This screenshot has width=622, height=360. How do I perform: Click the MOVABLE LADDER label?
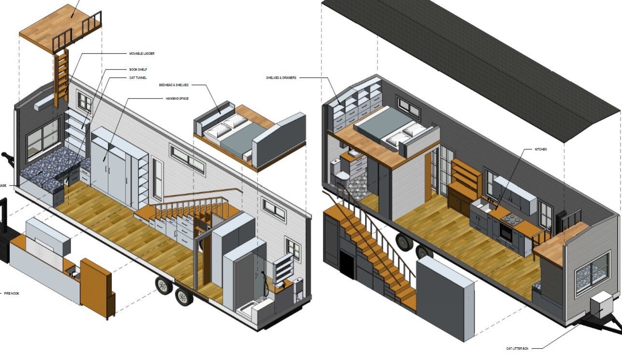click(x=142, y=53)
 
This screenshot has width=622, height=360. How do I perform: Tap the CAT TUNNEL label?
click(x=138, y=78)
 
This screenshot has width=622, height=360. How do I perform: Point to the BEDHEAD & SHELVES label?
click(x=174, y=85)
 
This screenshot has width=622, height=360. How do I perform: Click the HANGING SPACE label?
click(x=176, y=99)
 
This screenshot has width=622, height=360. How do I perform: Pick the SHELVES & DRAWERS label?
click(x=281, y=78)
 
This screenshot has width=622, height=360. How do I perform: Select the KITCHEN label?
click(x=541, y=149)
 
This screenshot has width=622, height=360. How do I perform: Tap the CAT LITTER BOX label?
click(x=519, y=347)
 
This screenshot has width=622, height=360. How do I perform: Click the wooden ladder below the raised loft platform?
click(x=61, y=77)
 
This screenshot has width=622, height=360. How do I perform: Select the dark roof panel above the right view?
click(x=474, y=58)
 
